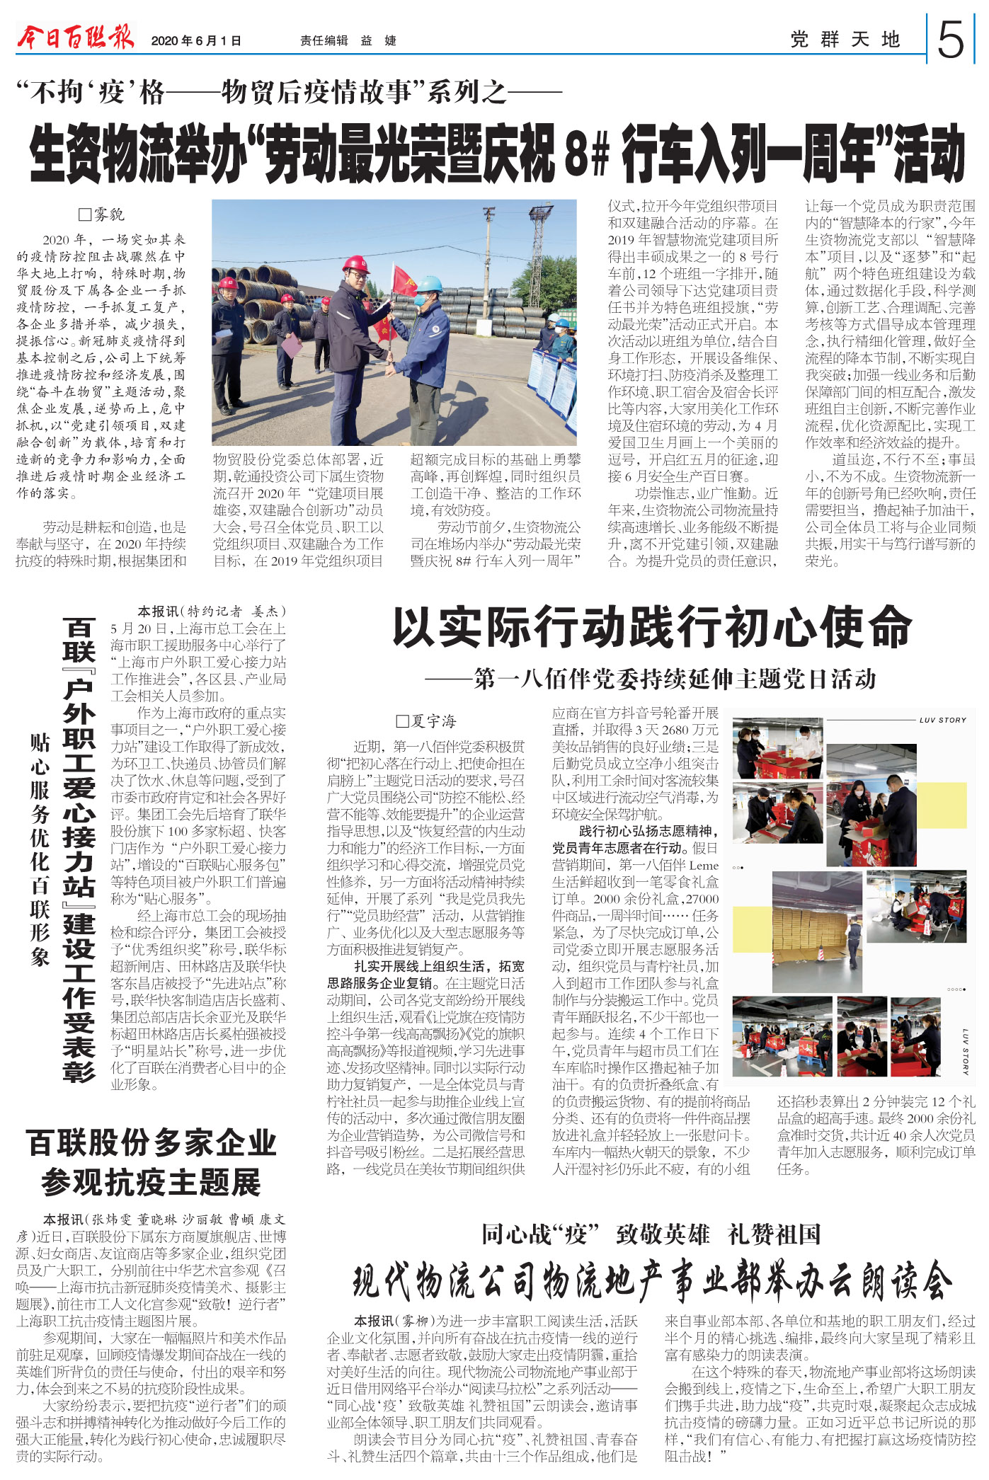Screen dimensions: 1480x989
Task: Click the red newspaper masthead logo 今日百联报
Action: click(x=75, y=36)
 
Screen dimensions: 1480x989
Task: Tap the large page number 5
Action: click(x=950, y=40)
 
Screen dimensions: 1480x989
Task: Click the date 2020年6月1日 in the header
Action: click(x=196, y=41)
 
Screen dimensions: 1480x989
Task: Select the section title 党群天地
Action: click(x=845, y=40)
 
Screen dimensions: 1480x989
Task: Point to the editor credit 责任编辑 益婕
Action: click(x=348, y=41)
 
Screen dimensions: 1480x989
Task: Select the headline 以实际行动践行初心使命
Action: click(x=651, y=628)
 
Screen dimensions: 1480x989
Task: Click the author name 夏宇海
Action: click(x=426, y=721)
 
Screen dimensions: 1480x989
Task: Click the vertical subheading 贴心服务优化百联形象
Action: click(x=40, y=849)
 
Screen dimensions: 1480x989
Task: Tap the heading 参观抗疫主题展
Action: click(x=151, y=1181)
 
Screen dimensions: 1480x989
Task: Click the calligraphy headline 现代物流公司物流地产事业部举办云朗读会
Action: click(x=651, y=1280)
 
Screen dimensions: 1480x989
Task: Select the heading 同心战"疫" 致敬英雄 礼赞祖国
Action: click(x=651, y=1234)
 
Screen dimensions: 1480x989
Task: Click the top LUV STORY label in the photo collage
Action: click(x=942, y=720)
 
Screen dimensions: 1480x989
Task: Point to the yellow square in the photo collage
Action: click(x=942, y=804)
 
